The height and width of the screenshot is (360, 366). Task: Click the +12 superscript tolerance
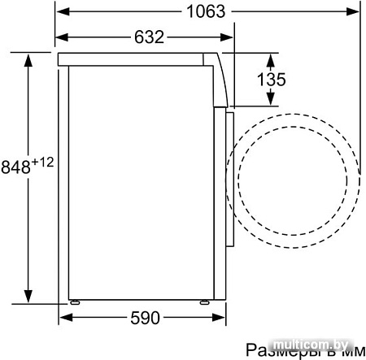pos(42,163)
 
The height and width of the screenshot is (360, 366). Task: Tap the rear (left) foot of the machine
pos(74,302)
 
